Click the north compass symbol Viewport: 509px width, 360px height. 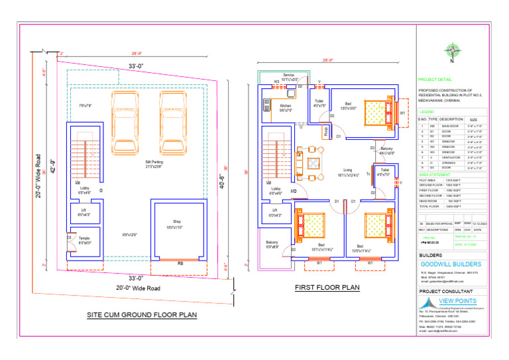pos(453,50)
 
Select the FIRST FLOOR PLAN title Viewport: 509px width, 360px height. pos(327,288)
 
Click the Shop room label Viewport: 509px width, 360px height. pos(177,224)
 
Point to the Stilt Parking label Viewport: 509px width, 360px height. pos(152,164)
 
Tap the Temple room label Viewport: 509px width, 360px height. pos(84,240)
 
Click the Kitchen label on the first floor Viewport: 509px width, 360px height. pos(286,108)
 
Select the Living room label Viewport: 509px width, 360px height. pos(347,172)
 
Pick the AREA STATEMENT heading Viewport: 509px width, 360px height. pos(433,174)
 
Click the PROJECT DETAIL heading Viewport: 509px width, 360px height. pos(435,78)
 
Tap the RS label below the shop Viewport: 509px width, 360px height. pos(180,263)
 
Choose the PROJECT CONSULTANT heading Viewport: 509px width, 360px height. pos(446,291)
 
